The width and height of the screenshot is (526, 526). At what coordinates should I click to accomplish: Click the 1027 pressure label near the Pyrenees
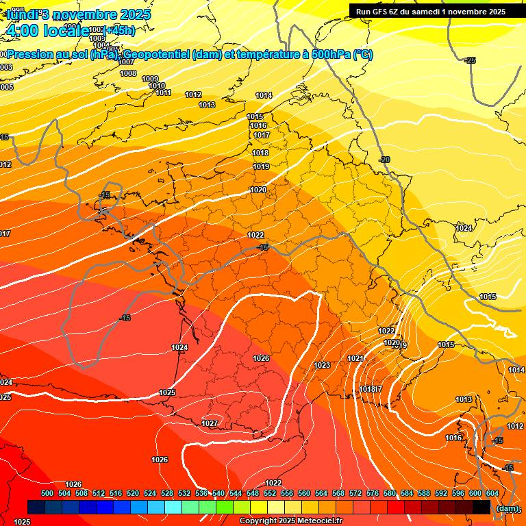(210, 424)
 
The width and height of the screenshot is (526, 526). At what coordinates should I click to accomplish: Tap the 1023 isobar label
(322, 365)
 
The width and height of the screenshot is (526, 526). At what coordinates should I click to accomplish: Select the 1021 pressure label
(355, 358)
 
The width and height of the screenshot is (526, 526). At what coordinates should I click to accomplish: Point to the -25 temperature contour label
(470, 61)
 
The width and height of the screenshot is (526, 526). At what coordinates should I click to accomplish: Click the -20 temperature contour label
(384, 160)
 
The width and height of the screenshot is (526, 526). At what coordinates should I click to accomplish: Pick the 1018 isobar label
(260, 153)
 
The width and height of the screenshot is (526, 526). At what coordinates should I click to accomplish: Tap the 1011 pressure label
(163, 92)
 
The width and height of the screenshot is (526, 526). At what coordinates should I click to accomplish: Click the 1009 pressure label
(150, 79)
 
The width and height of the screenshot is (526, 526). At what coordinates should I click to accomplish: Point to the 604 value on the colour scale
(492, 493)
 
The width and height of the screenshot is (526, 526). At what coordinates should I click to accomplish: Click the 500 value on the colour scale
(47, 493)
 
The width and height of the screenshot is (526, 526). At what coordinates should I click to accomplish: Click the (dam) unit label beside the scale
(507, 508)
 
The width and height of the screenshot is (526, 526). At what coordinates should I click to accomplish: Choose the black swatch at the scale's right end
(481, 508)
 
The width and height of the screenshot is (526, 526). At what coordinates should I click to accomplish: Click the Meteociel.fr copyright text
(290, 521)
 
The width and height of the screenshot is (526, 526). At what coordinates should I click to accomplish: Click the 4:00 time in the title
(21, 31)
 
